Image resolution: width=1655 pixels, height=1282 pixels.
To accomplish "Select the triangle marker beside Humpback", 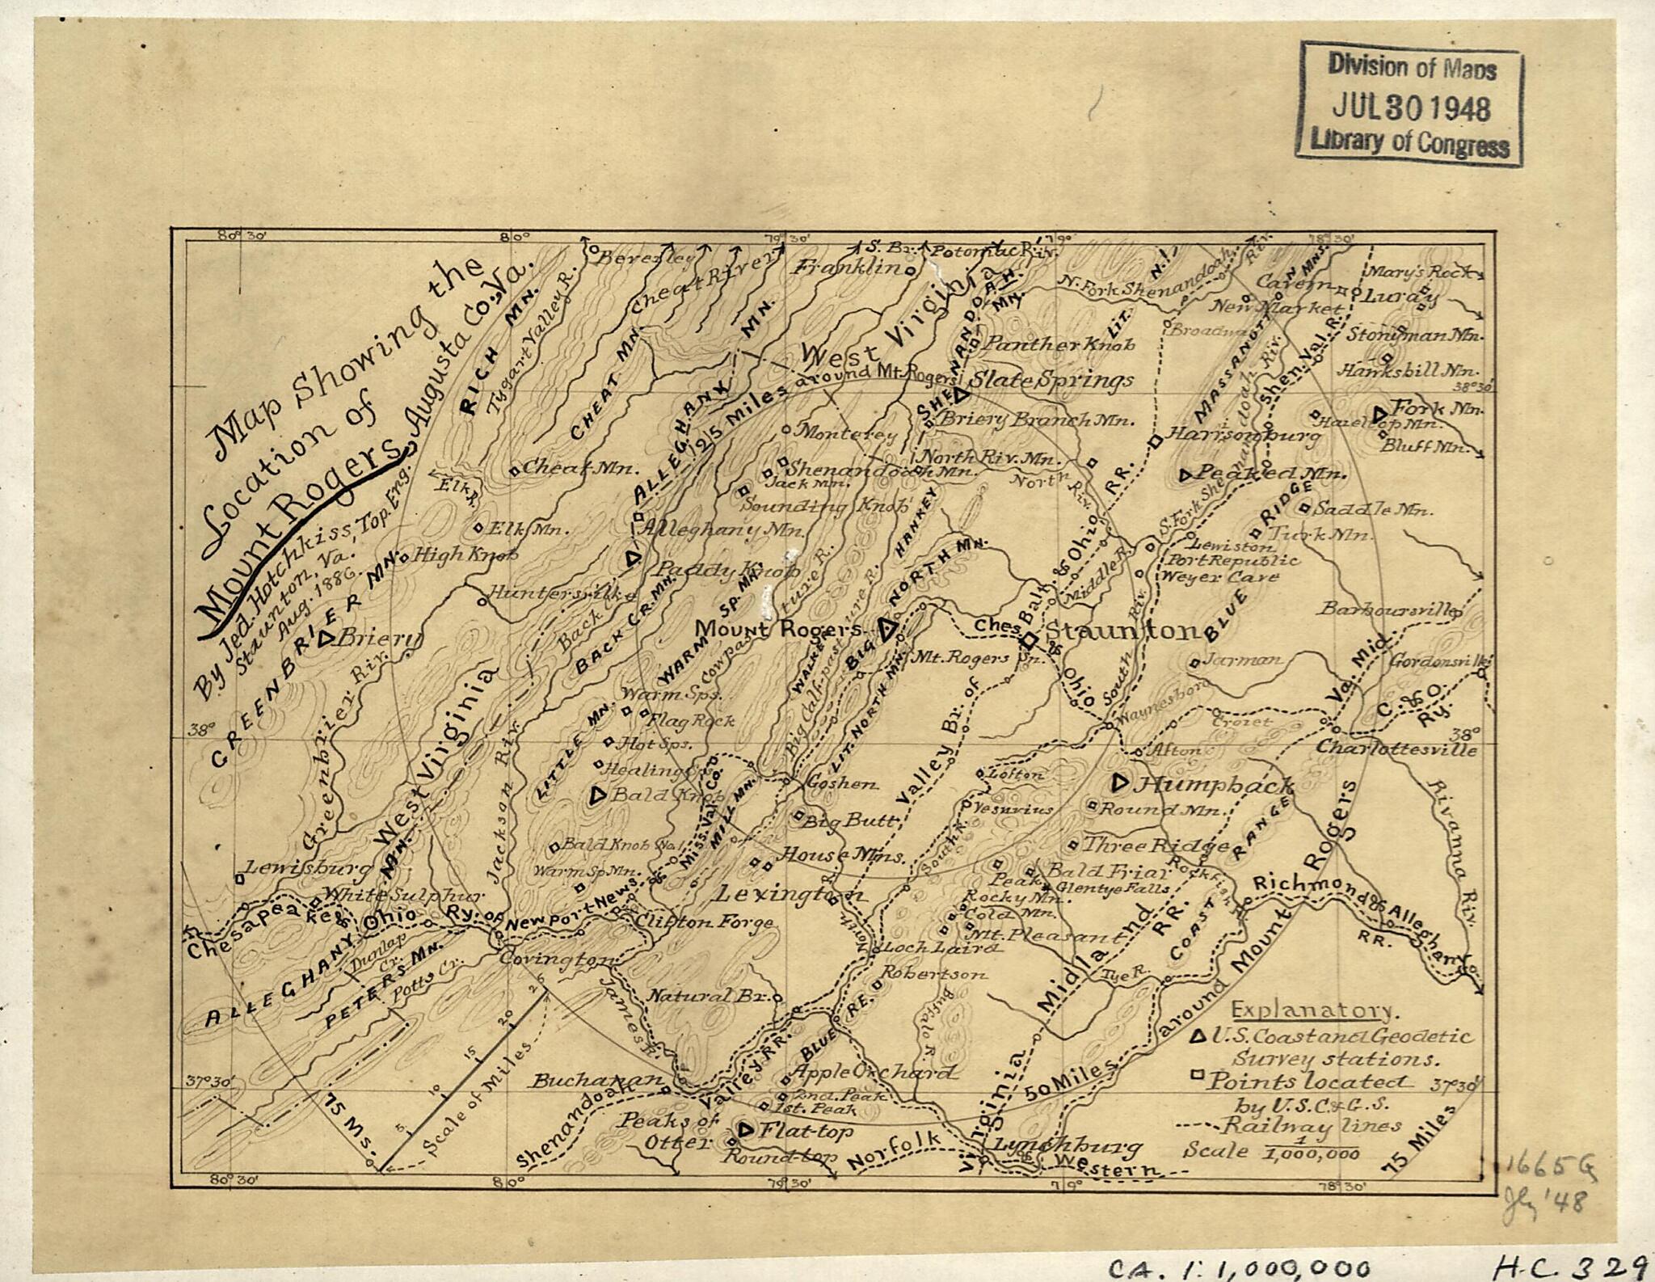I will (1120, 782).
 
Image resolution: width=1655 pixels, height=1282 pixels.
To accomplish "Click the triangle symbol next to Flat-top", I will (746, 1129).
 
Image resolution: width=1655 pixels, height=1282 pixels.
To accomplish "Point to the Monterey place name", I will (846, 433).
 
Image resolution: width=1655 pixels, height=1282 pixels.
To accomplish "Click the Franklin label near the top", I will (847, 266).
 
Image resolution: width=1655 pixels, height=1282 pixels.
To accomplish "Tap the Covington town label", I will (554, 959).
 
